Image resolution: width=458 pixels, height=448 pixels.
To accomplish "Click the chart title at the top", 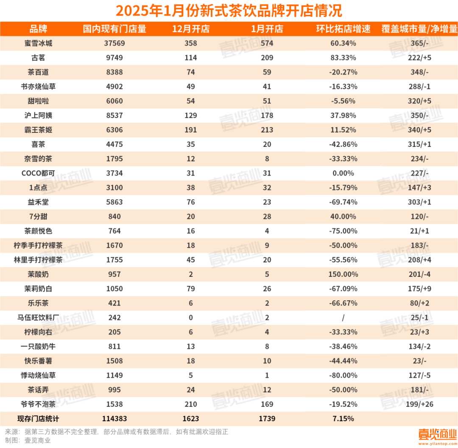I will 229,10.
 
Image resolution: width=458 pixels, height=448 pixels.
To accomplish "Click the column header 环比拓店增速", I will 343,29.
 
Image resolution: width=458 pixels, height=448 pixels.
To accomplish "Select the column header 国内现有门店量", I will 114,29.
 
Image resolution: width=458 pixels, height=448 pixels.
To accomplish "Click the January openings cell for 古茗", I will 267,58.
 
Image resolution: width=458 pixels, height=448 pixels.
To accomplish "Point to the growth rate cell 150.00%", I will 343,274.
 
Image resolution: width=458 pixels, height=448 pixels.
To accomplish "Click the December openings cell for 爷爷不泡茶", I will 190,404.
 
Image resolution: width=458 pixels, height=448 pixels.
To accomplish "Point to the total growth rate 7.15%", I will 343,419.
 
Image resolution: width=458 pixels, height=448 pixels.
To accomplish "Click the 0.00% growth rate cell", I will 343,173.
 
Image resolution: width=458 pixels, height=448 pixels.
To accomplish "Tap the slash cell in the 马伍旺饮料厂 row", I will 343,318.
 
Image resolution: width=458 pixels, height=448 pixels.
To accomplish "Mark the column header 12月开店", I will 190,29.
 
